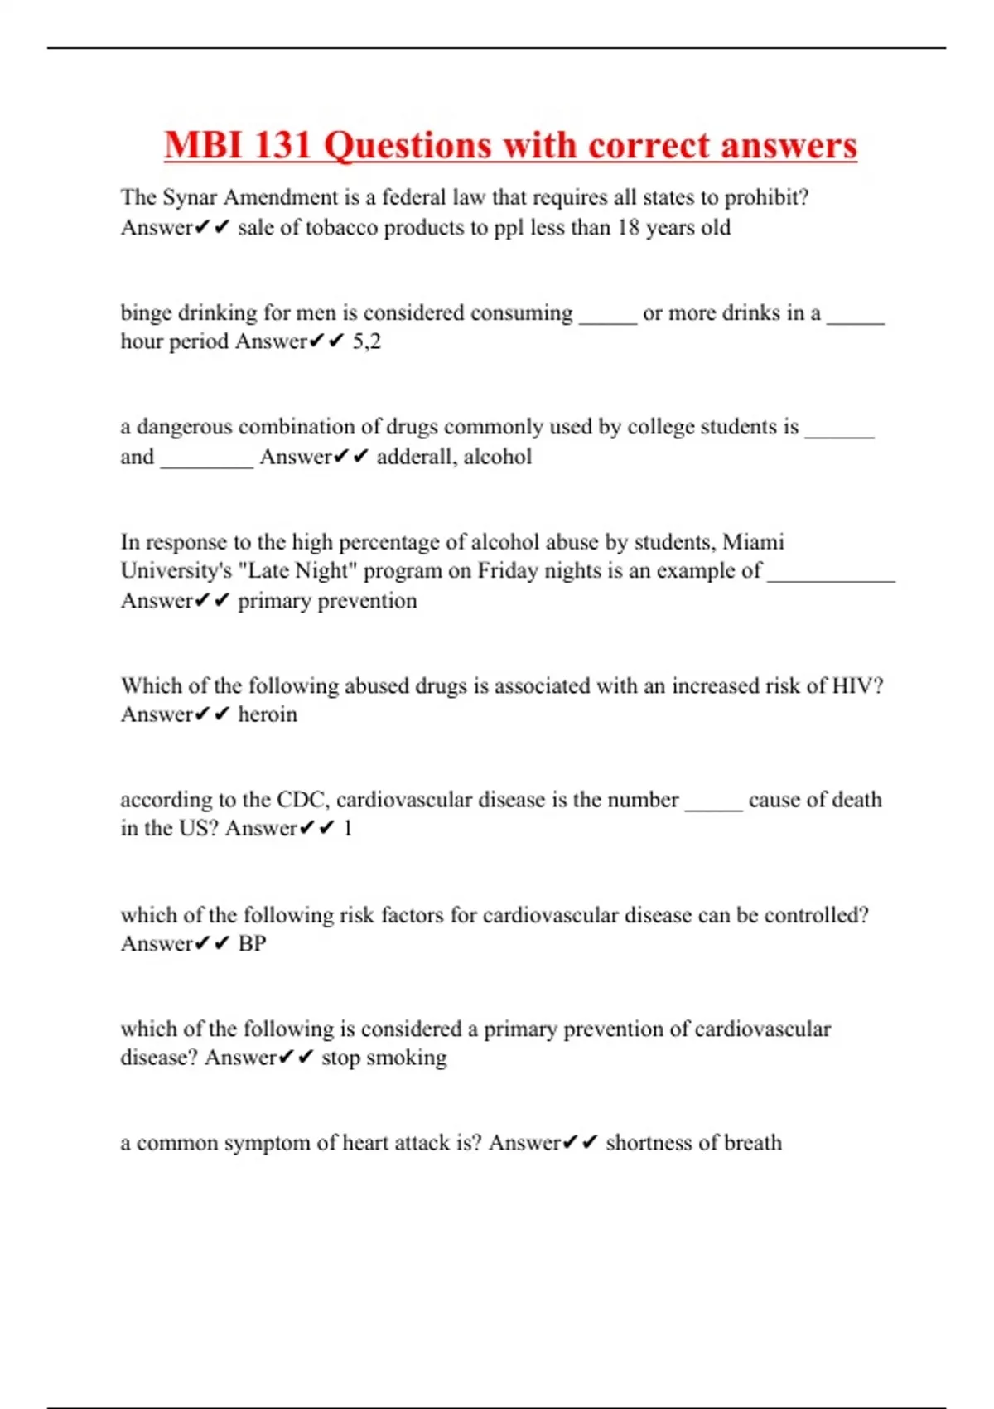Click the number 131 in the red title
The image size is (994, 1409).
point(281,146)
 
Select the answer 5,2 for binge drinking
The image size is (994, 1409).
point(366,341)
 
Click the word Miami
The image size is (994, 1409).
point(753,542)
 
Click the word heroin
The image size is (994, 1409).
point(267,714)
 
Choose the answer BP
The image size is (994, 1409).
point(252,943)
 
